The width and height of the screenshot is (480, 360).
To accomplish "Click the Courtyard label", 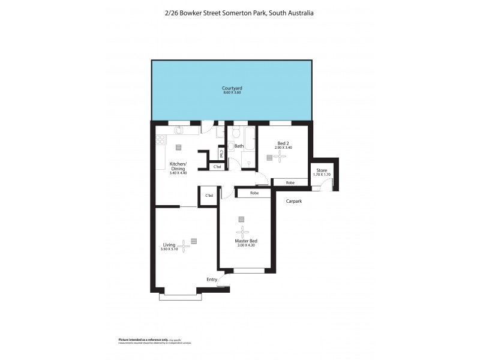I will tap(232, 88).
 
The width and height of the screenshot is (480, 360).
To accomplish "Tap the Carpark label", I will tap(293, 201).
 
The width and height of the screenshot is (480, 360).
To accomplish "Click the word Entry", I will tap(212, 280).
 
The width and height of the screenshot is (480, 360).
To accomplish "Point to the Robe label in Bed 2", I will tap(290, 182).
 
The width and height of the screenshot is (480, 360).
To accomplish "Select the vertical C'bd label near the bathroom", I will tap(221, 152).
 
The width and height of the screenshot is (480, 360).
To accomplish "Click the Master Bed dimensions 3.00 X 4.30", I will tap(245, 245).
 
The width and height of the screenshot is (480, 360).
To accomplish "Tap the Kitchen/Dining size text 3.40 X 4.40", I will tap(178, 173).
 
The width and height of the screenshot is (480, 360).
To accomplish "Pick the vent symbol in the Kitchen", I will tap(178, 146).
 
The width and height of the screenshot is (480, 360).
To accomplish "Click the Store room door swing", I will tap(325, 187).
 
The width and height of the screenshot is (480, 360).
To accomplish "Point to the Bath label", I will tap(239, 146).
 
